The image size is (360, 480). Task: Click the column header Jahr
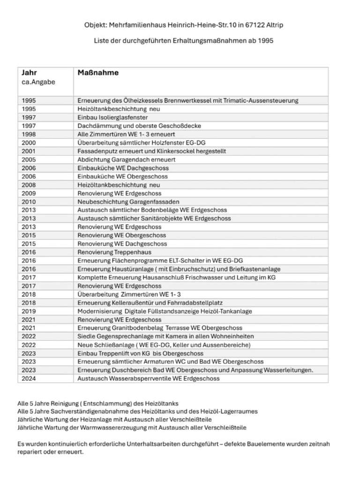30,73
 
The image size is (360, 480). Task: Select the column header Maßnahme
98,73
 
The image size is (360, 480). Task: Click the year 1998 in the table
29,134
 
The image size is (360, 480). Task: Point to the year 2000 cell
29,142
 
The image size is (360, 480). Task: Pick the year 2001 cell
29,151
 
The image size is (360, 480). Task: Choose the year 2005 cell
29,159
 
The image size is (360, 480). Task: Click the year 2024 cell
29,378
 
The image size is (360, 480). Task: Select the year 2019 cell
29,311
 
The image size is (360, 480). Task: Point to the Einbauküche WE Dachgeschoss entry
123,168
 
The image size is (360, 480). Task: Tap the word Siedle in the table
86,337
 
